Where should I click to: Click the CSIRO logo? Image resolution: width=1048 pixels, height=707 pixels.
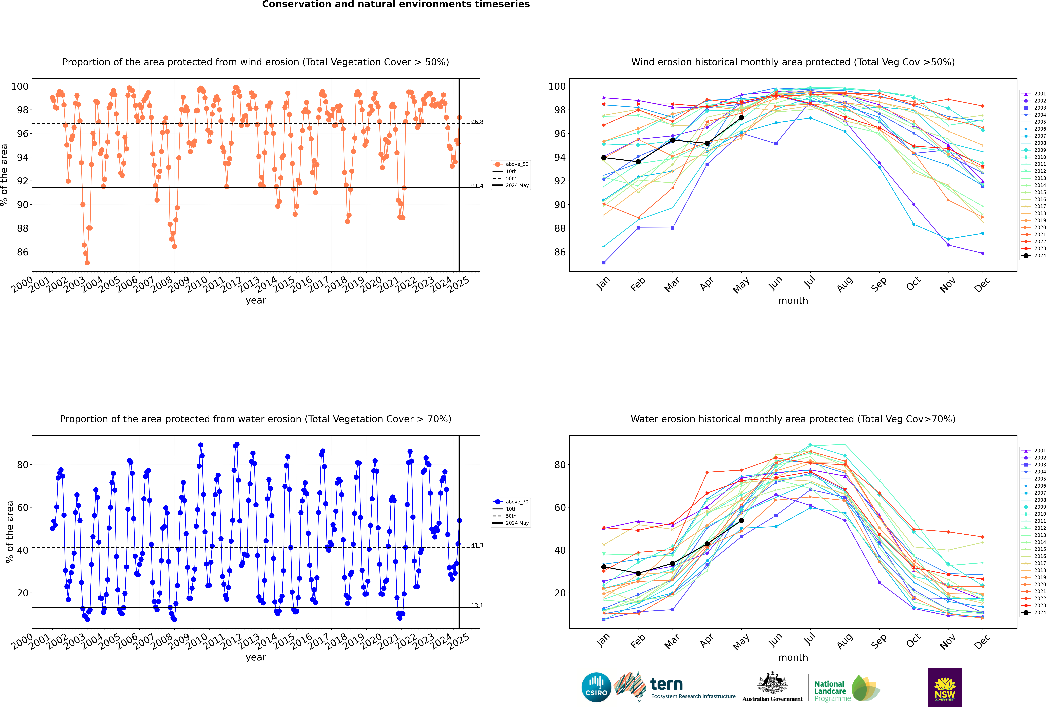[x=596, y=687]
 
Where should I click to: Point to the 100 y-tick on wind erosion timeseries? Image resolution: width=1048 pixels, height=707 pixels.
[x=20, y=86]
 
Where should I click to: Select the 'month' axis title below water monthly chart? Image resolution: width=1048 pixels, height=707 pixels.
[x=793, y=657]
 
